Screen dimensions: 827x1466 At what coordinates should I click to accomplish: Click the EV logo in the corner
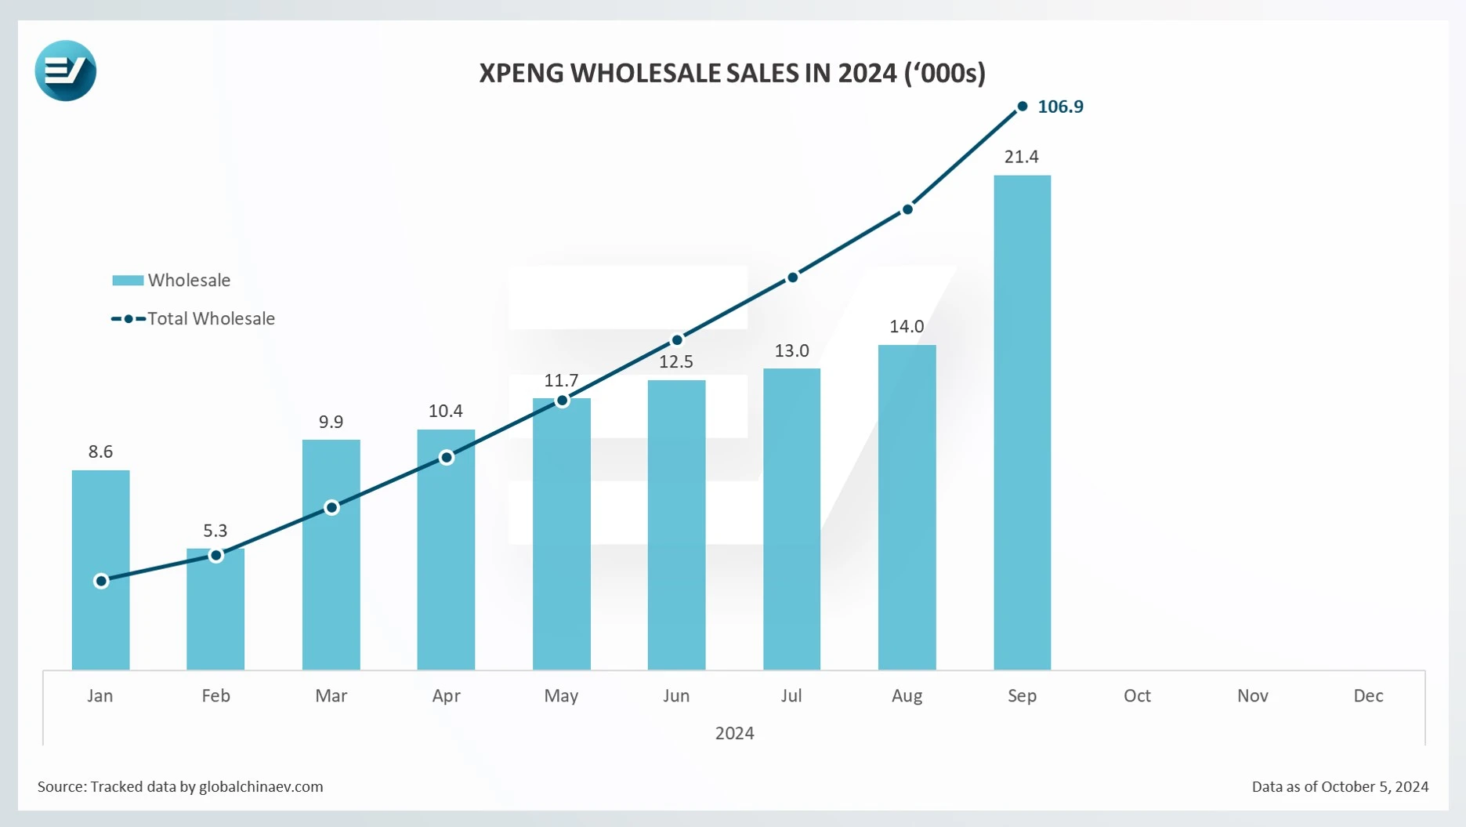coord(65,71)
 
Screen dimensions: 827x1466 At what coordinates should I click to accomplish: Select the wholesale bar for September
coord(1022,423)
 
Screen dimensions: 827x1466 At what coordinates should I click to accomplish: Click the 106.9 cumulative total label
coord(1060,107)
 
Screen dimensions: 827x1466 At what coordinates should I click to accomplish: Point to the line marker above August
coord(907,209)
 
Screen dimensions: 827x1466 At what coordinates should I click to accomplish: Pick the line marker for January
coord(101,581)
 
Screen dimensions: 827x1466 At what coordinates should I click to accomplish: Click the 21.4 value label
coord(1021,157)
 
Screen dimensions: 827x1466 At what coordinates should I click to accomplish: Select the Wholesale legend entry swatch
coord(128,280)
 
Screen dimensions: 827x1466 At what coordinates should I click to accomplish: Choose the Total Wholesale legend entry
coord(210,318)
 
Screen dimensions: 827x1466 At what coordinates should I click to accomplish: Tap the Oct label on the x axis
coord(1137,695)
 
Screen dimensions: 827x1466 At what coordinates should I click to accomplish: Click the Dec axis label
coord(1368,695)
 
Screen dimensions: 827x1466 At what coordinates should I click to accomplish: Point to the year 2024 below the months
coord(734,733)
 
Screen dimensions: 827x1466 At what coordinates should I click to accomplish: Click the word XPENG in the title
coord(521,73)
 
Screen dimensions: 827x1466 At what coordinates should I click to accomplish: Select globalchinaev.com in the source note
coord(261,786)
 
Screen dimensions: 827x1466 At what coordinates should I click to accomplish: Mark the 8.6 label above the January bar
coord(100,452)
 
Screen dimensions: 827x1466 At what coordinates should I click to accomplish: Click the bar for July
coord(791,517)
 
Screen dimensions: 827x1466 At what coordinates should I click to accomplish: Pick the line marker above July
coord(793,277)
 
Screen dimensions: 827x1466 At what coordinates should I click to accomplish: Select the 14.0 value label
coord(907,326)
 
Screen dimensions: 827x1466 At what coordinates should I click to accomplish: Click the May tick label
coord(561,695)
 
